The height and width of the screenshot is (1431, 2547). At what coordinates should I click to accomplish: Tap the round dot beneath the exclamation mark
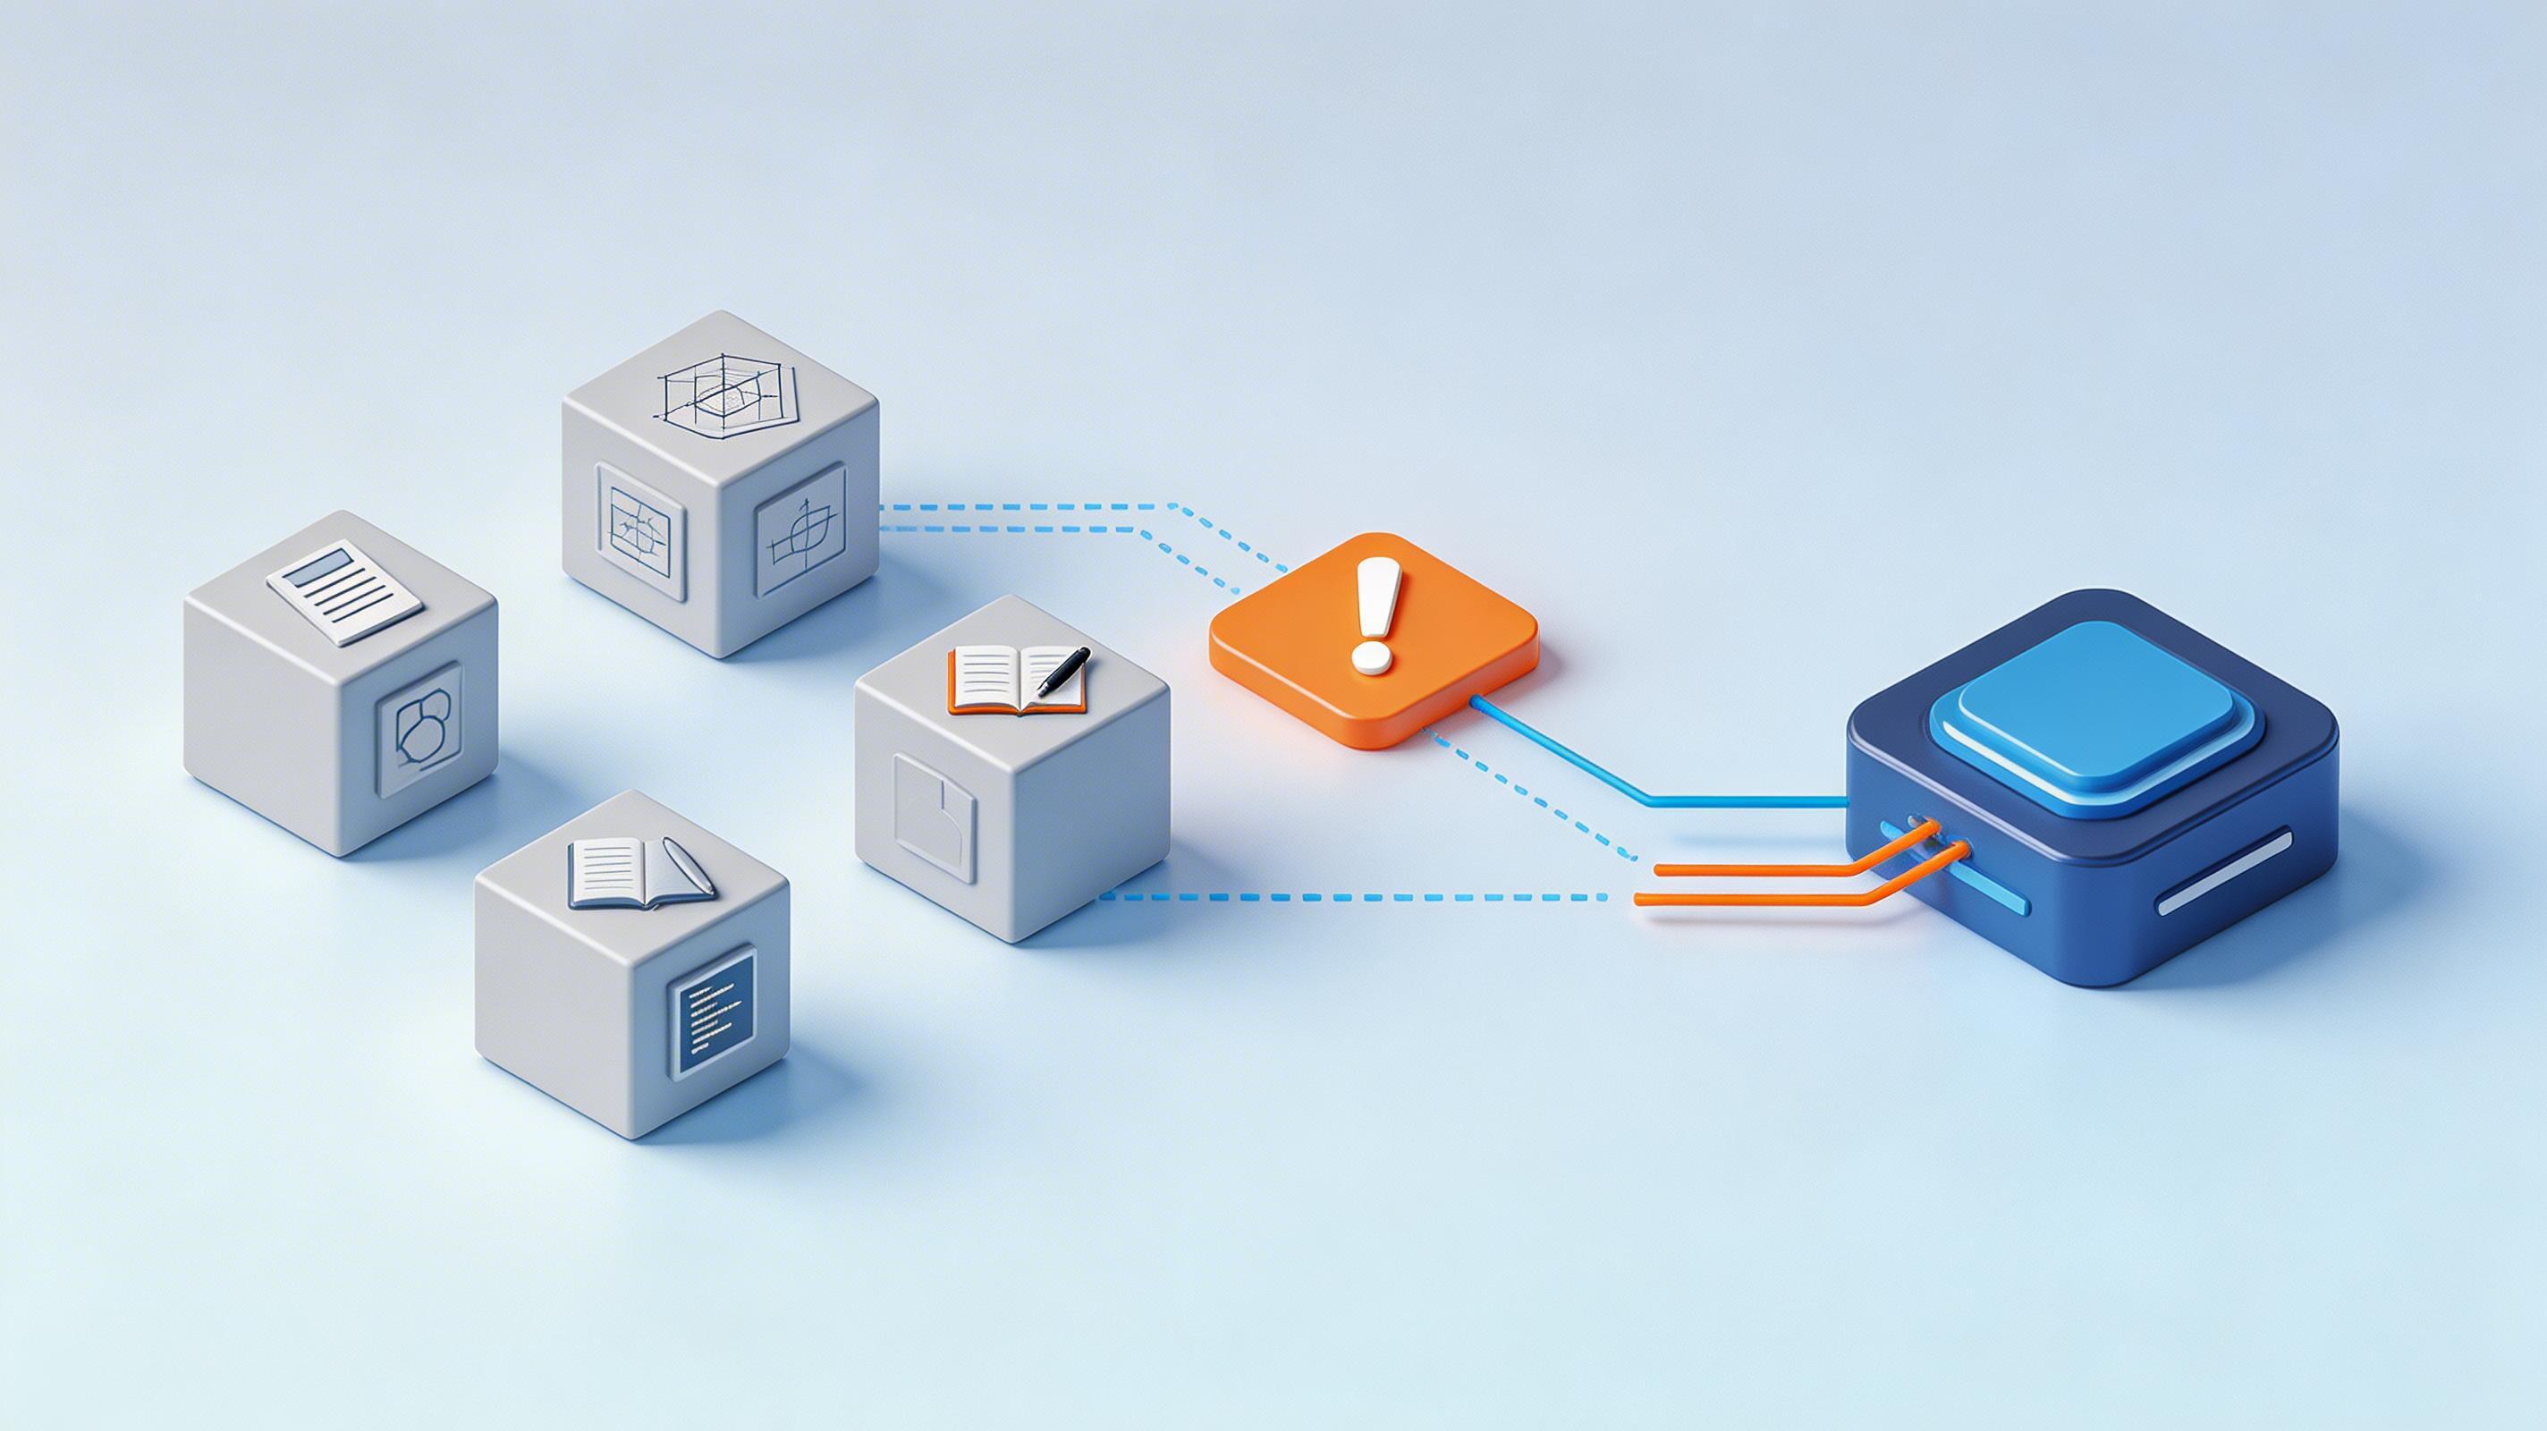pyautogui.click(x=1371, y=660)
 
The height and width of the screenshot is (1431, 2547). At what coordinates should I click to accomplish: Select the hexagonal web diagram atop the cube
pyautogui.click(x=728, y=398)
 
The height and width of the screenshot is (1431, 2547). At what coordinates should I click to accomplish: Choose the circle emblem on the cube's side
pyautogui.click(x=420, y=727)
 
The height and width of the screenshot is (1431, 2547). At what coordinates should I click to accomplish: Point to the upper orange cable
pyautogui.click(x=1780, y=866)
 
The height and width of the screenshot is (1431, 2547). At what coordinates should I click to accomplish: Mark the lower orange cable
pyautogui.click(x=1760, y=899)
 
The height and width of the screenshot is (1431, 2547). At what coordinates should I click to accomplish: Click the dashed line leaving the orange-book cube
pyautogui.click(x=1355, y=897)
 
